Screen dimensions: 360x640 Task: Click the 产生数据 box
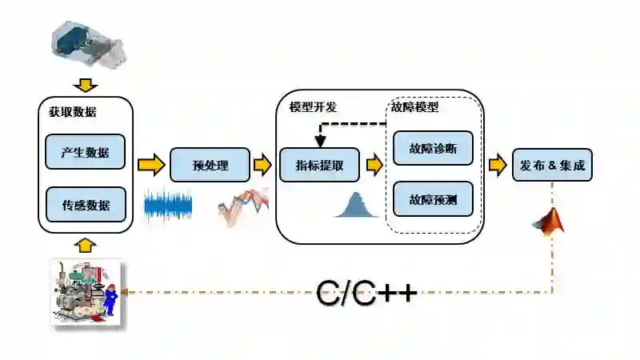click(x=86, y=151)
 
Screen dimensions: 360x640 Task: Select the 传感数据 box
click(x=86, y=205)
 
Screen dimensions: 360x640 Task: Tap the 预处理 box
click(x=210, y=166)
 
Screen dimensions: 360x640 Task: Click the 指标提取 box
click(x=319, y=166)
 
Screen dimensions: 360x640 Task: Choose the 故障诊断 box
click(x=433, y=147)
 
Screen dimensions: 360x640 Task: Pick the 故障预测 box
click(x=433, y=198)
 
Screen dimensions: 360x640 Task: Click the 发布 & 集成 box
click(x=552, y=166)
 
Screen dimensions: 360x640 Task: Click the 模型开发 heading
click(x=313, y=106)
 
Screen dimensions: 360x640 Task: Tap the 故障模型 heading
click(x=414, y=106)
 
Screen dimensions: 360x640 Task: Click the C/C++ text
click(x=366, y=293)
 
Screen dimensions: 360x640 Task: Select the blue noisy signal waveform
click(x=169, y=206)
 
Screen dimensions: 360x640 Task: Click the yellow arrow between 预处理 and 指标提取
click(x=262, y=166)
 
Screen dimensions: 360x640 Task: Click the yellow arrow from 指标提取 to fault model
click(x=374, y=166)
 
